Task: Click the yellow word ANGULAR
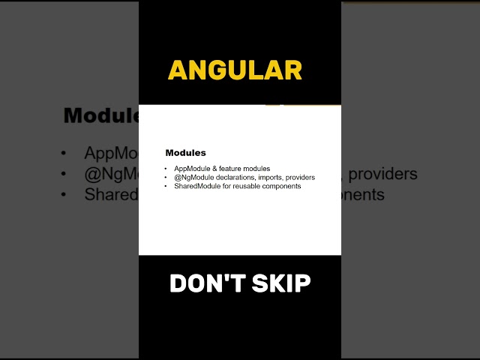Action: click(x=235, y=70)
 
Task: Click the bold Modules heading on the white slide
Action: click(x=185, y=153)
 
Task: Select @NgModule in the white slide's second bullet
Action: click(x=194, y=178)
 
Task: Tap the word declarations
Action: click(x=238, y=178)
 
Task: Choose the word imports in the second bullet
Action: click(x=274, y=178)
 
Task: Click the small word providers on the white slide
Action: click(x=301, y=178)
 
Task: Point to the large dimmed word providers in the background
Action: click(x=382, y=174)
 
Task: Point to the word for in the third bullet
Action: click(x=229, y=186)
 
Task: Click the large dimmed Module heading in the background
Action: click(x=102, y=116)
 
